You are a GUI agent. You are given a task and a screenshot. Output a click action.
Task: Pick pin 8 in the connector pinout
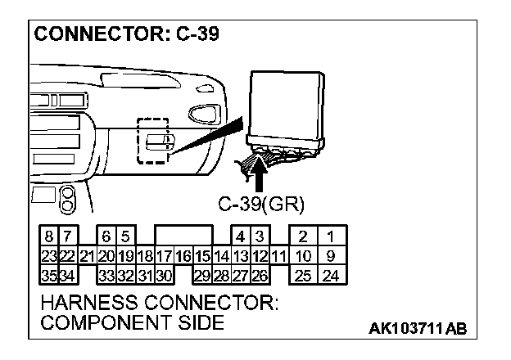point(49,236)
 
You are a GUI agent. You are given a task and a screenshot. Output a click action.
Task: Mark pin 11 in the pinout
point(278,255)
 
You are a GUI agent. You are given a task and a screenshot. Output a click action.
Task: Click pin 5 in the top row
point(125,236)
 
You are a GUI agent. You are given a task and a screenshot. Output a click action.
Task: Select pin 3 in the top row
point(260,236)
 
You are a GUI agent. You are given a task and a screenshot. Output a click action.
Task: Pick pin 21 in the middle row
point(88,255)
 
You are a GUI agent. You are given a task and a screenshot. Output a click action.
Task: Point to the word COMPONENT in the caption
point(103,323)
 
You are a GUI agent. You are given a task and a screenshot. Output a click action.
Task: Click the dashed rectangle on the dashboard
point(152,141)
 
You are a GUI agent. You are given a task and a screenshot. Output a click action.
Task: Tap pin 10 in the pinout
point(303,255)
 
